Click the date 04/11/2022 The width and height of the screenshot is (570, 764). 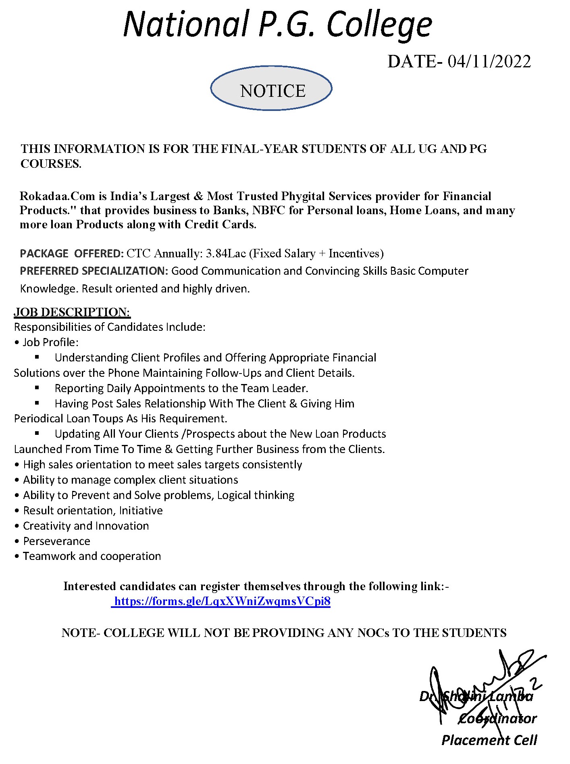tap(489, 62)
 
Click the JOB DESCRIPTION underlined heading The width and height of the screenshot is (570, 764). tap(72, 312)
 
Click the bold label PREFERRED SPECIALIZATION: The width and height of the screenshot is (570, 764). tap(94, 271)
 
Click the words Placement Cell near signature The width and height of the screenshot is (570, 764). tap(489, 740)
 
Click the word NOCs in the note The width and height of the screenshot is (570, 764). tap(373, 632)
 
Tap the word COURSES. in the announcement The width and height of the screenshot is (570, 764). tap(51, 163)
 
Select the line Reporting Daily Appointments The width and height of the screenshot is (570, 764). tap(181, 388)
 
